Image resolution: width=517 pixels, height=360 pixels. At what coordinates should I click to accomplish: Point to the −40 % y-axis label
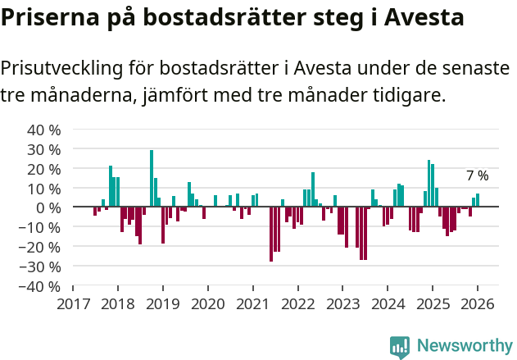pyautogui.click(x=41, y=286)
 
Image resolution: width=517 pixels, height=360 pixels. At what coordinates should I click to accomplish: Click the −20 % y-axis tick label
pyautogui.click(x=41, y=247)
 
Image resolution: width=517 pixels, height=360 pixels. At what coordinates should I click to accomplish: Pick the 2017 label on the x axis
pyautogui.click(x=73, y=303)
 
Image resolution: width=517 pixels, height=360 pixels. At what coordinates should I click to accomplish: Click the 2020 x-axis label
pyautogui.click(x=207, y=303)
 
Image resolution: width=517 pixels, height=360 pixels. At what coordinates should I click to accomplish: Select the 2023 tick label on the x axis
pyautogui.click(x=342, y=303)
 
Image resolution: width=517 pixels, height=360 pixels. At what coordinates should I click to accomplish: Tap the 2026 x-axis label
pyautogui.click(x=477, y=303)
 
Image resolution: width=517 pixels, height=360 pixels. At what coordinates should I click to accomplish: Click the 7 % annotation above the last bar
pyautogui.click(x=477, y=175)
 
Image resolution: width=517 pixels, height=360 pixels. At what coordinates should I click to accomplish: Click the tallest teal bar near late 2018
pyautogui.click(x=152, y=178)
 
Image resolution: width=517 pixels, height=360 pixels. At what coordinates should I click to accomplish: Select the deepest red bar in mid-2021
pyautogui.click(x=271, y=234)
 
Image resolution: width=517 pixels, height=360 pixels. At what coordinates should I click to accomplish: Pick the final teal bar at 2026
pyautogui.click(x=478, y=200)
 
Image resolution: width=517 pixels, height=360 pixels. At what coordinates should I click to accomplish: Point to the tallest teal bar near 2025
pyautogui.click(x=429, y=183)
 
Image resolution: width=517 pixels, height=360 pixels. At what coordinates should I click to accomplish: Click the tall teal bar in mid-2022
pyautogui.click(x=313, y=189)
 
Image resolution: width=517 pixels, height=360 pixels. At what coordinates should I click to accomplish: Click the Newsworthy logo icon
pyautogui.click(x=400, y=346)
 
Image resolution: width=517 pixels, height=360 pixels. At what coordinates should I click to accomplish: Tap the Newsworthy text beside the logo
pyautogui.click(x=464, y=346)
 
